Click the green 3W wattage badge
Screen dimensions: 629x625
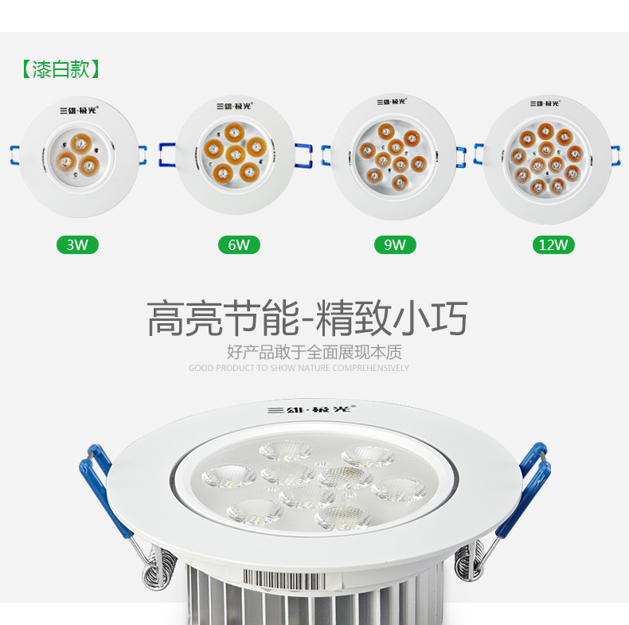tap(77, 244)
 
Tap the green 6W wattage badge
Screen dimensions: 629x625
tap(239, 244)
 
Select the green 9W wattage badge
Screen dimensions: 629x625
tap(395, 244)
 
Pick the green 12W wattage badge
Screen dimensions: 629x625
tap(553, 244)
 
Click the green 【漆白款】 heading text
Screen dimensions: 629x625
tap(61, 69)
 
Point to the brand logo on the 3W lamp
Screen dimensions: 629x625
tap(79, 111)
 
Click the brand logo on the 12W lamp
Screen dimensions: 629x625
tap(545, 104)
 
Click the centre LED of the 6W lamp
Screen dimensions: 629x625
tap(235, 154)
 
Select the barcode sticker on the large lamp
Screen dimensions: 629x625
tap(291, 578)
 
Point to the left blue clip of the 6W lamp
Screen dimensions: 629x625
tap(167, 154)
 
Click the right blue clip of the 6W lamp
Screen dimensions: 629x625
tap(303, 155)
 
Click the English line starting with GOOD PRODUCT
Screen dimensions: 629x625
tap(299, 368)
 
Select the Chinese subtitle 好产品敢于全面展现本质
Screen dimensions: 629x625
tap(314, 352)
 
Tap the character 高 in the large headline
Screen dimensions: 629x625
tap(166, 318)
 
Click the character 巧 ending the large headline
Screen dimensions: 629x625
tap(449, 318)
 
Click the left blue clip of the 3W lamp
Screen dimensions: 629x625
tap(15, 154)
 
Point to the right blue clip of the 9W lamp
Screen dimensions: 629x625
tap(461, 157)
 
